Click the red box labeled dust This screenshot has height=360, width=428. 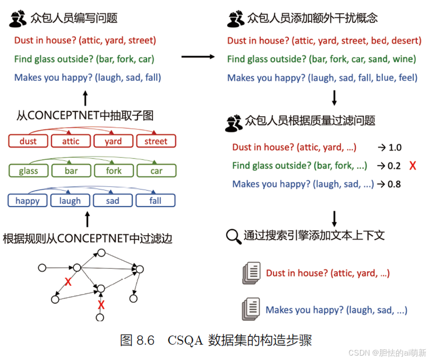[x=29, y=141]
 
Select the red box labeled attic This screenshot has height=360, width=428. [x=71, y=141]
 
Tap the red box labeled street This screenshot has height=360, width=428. [x=156, y=141]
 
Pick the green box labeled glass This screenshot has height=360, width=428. [x=29, y=171]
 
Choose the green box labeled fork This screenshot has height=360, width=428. [x=113, y=171]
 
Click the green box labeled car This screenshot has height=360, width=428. [x=156, y=171]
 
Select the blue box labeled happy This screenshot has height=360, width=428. [x=28, y=201]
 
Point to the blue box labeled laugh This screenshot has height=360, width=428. [x=70, y=201]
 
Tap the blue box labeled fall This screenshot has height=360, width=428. [x=155, y=201]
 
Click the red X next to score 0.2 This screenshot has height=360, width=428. [x=412, y=166]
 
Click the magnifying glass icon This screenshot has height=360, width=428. [x=234, y=236]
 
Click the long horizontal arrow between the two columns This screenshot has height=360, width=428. [x=197, y=57]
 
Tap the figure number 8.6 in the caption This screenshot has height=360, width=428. [x=144, y=340]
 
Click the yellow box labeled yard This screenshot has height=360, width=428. [x=113, y=141]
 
